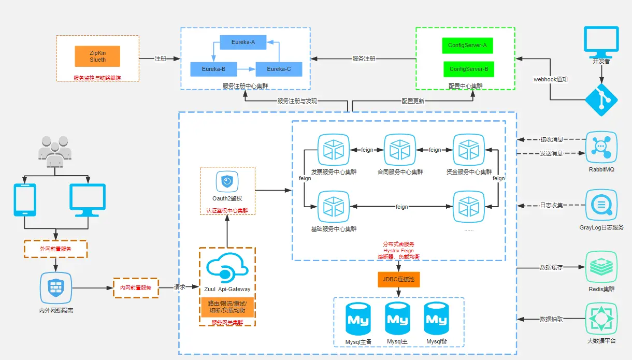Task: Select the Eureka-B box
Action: pos(213,69)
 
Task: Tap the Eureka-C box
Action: pos(279,69)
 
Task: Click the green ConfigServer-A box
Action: pos(468,45)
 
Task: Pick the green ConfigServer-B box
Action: pos(468,69)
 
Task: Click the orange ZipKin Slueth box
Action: pos(97,56)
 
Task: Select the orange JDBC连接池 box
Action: pos(398,280)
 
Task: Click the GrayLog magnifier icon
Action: pos(601,205)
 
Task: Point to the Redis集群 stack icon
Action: pos(601,266)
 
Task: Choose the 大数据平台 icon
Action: pos(601,319)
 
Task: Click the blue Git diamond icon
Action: pos(601,100)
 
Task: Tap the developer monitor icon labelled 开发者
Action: pos(601,41)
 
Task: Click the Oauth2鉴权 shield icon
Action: pos(227,181)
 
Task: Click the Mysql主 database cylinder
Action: pos(397,319)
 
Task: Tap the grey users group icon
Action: pos(53,150)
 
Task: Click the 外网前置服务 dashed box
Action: pos(55,249)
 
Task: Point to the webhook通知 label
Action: pos(551,80)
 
